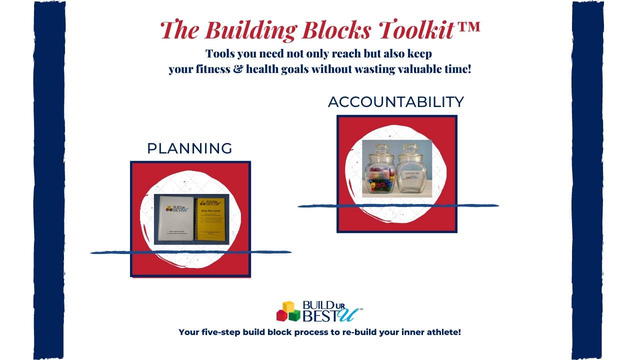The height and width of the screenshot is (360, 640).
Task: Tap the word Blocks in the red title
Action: pos(335,30)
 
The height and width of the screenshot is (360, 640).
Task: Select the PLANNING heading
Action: pos(189,148)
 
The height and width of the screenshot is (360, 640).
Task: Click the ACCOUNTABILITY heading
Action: pos(396,102)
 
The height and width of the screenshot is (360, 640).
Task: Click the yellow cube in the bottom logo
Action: pos(288,306)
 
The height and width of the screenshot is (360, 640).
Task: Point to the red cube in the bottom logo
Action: pos(281,315)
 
